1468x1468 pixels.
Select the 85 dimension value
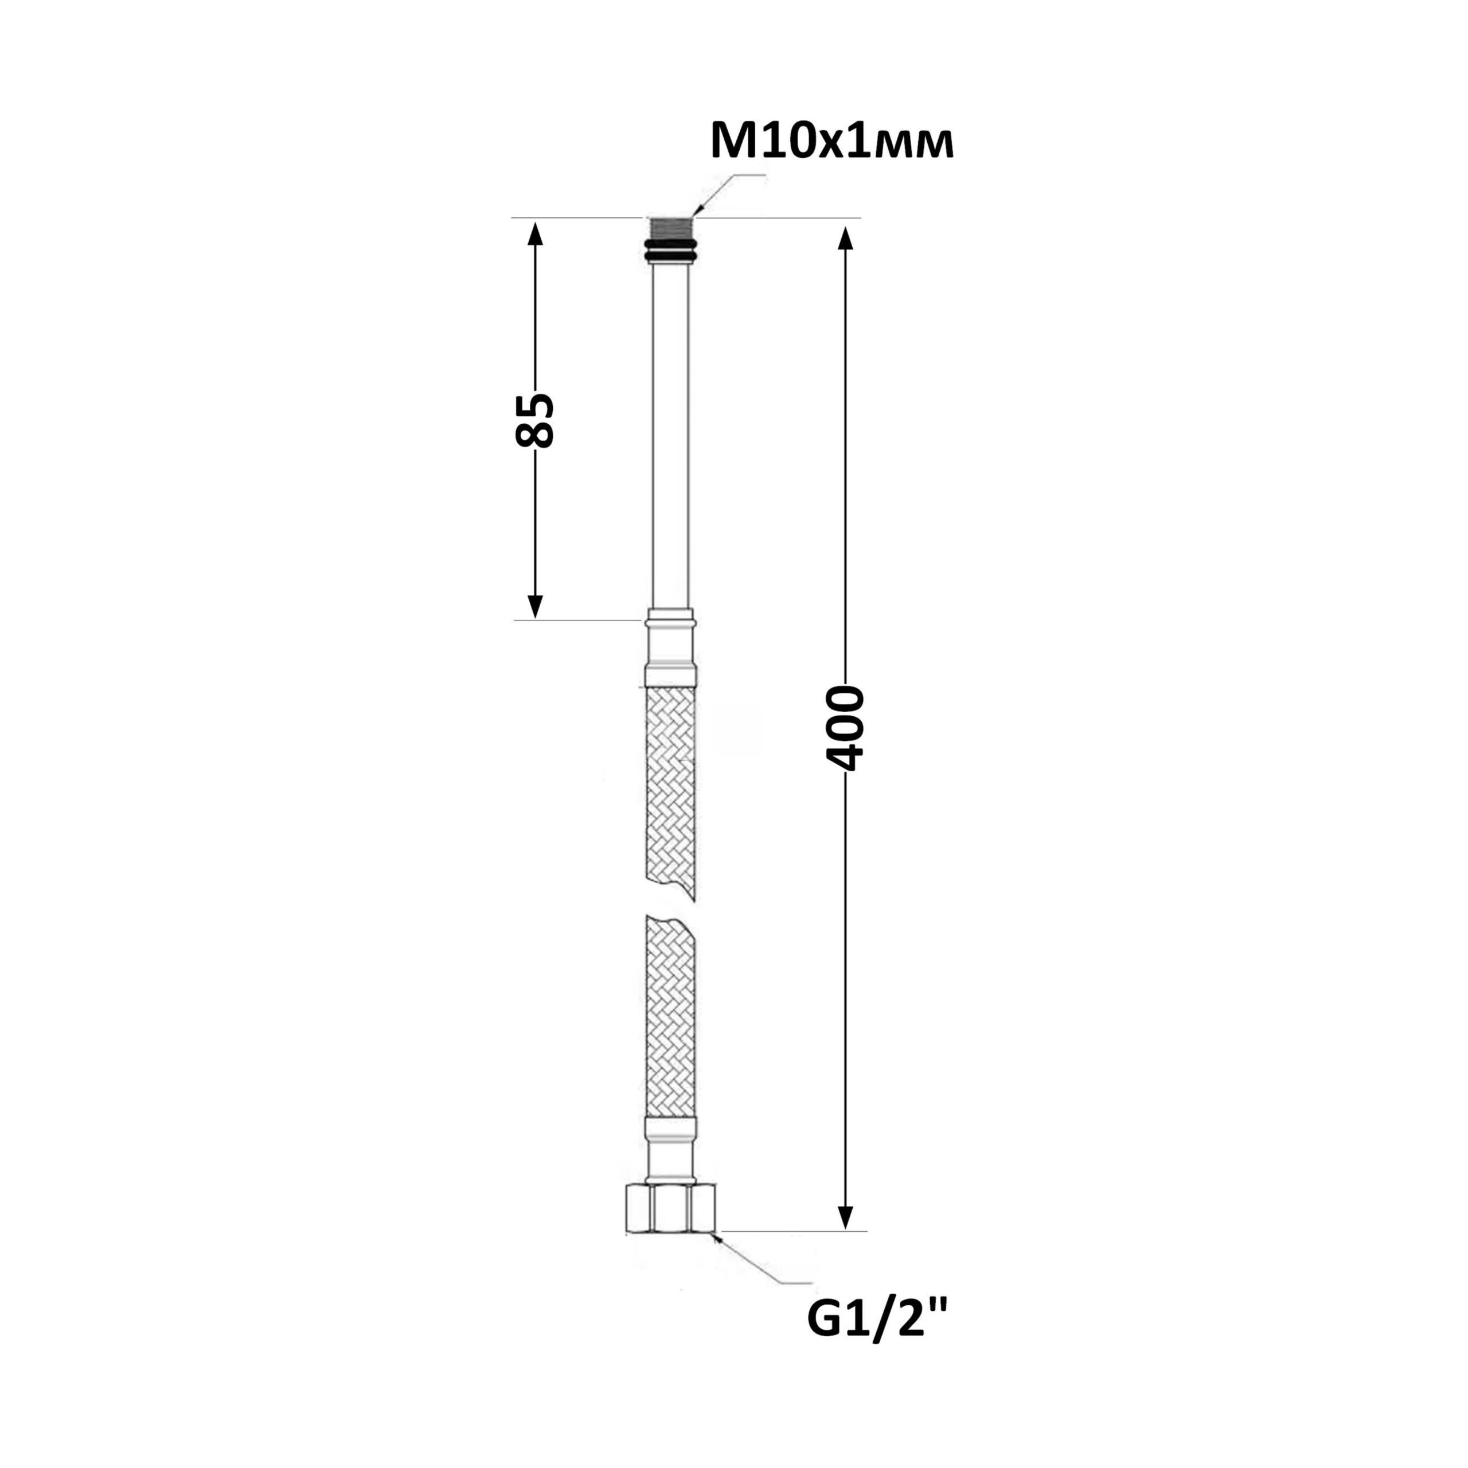[x=534, y=420]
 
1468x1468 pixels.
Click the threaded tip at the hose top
[x=671, y=229]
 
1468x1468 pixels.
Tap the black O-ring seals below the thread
[x=671, y=251]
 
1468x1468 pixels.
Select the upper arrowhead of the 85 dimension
[x=535, y=234]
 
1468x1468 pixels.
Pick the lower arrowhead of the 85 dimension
[x=535, y=606]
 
